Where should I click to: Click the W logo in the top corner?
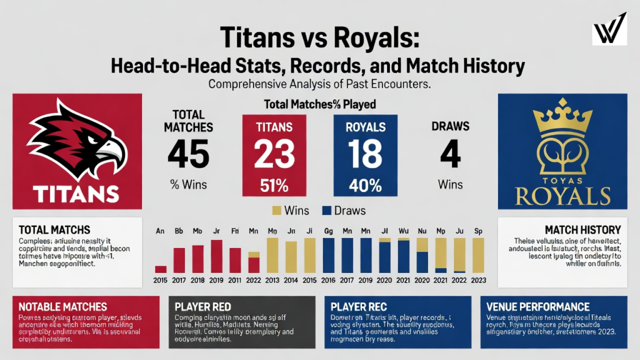[x=609, y=28]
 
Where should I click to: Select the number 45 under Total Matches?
[x=188, y=153]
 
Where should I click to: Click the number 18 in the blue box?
[x=359, y=153]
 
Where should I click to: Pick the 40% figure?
[x=359, y=185]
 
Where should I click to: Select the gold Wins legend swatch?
[x=278, y=211]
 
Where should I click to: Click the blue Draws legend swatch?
[x=324, y=211]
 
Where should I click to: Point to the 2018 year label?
[x=198, y=281]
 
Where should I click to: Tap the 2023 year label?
[x=478, y=281]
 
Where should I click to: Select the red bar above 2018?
[x=198, y=259]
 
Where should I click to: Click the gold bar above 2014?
[x=291, y=256]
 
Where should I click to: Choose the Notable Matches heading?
[x=63, y=307]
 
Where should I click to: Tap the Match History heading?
[x=582, y=230]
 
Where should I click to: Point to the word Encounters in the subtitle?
[x=399, y=83]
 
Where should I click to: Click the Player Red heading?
[x=204, y=307]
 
